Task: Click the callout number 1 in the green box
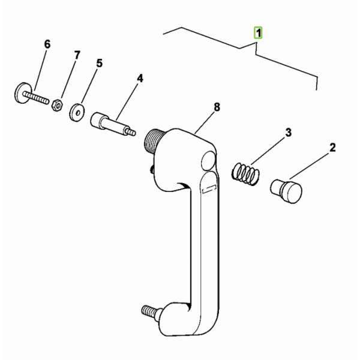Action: pos(258,33)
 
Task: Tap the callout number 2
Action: pos(332,148)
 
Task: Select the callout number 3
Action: pos(288,133)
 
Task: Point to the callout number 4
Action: pos(140,79)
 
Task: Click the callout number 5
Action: pos(99,63)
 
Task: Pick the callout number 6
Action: pos(47,44)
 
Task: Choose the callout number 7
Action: pos(77,55)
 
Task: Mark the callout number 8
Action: pos(217,107)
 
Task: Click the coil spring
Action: pos(245,174)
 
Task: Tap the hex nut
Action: pos(57,105)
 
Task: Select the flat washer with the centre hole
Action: pos(77,113)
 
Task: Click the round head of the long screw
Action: pos(21,93)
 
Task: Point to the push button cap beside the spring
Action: pos(286,191)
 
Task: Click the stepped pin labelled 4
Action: pos(113,124)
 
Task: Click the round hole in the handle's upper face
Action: pos(208,161)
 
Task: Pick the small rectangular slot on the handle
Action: pos(209,189)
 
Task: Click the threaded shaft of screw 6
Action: pos(36,97)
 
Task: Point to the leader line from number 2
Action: pos(309,166)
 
